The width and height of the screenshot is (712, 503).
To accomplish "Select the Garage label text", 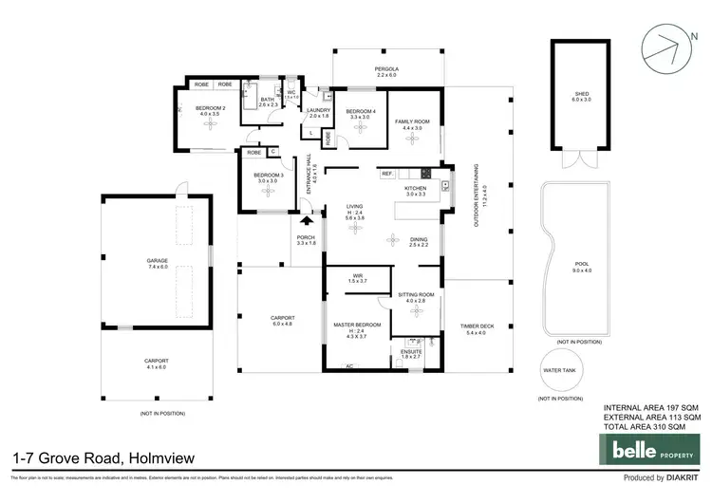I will click(157, 265).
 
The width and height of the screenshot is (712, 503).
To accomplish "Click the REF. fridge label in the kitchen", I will click(387, 174).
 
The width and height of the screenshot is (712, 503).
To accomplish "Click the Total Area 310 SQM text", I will click(652, 427).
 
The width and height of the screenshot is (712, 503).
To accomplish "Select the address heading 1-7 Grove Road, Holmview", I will click(103, 458).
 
